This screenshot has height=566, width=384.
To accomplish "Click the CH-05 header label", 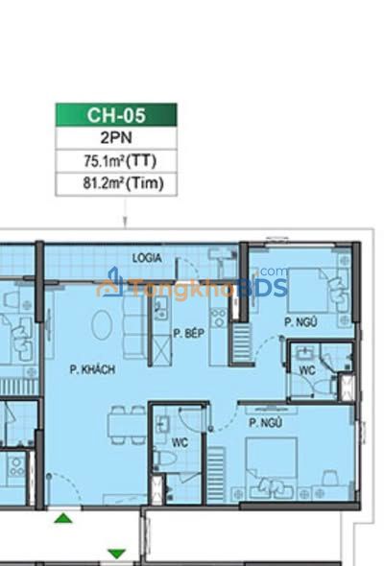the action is (x=116, y=115).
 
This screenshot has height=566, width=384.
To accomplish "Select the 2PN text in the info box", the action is (x=116, y=137).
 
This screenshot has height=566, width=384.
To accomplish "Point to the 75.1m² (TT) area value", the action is (x=120, y=160).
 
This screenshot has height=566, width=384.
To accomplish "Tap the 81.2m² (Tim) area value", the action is (x=123, y=183).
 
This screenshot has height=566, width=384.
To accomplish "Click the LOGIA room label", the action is (x=146, y=258).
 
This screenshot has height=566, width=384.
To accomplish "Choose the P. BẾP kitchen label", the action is (x=188, y=333).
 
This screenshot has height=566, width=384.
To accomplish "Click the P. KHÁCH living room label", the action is (x=92, y=369).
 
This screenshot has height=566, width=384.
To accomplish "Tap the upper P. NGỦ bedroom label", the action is (x=300, y=321).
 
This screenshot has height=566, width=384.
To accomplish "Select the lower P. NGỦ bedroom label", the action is (x=266, y=422).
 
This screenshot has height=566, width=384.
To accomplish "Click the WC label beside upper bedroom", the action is (x=307, y=370).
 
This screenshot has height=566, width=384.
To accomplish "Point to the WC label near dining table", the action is (x=180, y=442).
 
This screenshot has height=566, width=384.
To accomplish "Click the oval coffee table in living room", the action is (x=102, y=324).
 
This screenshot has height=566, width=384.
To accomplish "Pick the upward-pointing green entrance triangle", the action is (x=63, y=518).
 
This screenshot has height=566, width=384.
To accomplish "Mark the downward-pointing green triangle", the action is (x=117, y=554).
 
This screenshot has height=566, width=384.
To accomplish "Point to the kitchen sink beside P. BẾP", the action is (x=160, y=308).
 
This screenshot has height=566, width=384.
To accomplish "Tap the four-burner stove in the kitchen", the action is (x=219, y=318).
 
